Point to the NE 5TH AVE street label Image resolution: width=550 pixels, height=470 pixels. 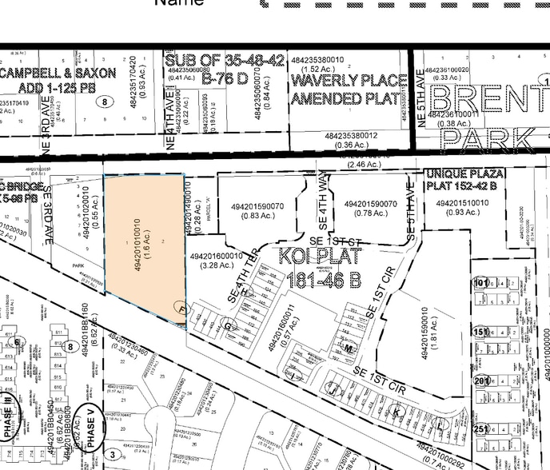[421, 97]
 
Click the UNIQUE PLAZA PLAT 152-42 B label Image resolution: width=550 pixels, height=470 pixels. [464, 180]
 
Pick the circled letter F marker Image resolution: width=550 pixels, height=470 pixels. [181, 309]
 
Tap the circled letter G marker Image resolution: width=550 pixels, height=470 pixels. [227, 325]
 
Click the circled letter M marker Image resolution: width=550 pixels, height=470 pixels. [349, 348]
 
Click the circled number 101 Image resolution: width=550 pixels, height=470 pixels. [480, 283]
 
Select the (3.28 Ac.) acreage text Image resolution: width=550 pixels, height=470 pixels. [216, 266]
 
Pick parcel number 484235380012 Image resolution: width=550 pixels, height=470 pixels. [351, 135]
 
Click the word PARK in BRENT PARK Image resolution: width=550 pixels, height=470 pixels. [488, 138]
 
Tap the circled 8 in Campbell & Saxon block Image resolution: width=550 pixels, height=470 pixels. [103, 102]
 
